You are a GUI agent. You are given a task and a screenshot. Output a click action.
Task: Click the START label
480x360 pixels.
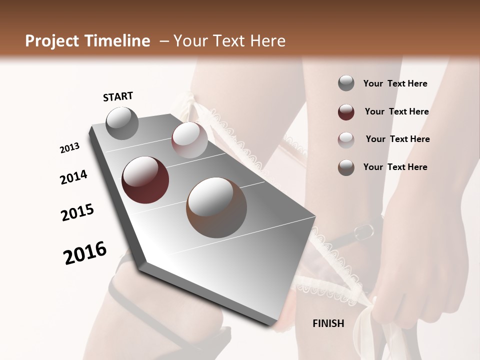[x=118, y=96]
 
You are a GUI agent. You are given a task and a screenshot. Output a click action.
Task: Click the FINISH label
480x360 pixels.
[x=328, y=323]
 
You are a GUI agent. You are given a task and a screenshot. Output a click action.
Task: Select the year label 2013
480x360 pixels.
[x=69, y=148]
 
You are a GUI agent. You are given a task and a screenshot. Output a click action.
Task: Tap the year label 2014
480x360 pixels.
[x=73, y=177]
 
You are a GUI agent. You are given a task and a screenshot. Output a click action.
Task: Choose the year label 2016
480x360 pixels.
[x=85, y=253]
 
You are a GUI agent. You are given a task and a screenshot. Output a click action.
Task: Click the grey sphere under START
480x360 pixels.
[x=122, y=123]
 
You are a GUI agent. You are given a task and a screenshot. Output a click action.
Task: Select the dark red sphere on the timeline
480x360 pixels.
[x=145, y=180]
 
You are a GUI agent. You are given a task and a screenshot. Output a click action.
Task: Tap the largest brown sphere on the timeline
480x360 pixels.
[x=216, y=207]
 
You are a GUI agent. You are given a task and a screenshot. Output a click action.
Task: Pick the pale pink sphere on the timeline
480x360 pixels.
[x=189, y=140]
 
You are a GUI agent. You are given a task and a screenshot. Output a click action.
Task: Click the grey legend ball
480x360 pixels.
[x=346, y=83]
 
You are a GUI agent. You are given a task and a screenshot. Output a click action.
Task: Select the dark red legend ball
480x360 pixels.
[x=346, y=112]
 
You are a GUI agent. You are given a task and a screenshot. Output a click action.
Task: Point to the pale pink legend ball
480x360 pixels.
[x=346, y=140]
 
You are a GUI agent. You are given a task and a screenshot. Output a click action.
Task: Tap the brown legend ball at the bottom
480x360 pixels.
[x=346, y=167]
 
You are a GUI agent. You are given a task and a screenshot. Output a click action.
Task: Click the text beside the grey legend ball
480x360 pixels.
[x=395, y=83]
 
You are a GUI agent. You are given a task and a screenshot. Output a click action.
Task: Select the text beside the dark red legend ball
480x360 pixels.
[x=396, y=111]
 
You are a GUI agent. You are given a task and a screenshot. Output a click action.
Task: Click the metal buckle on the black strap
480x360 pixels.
[x=364, y=231]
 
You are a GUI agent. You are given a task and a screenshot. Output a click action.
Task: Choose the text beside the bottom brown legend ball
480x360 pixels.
[x=395, y=167]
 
